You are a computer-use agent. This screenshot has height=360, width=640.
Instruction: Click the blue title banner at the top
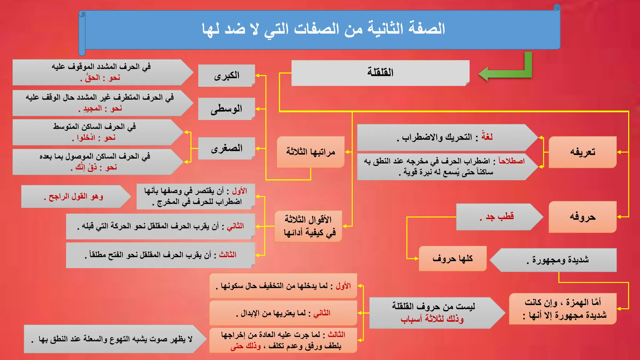[x=322, y=29]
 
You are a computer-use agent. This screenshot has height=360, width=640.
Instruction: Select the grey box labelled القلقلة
[x=380, y=72]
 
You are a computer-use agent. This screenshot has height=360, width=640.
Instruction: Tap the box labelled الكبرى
[x=227, y=76]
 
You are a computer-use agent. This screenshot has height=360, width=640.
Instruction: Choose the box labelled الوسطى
[x=227, y=109]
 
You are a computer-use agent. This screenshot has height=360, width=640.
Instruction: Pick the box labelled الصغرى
[x=227, y=148]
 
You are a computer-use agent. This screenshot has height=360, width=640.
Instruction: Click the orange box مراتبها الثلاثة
[x=310, y=152]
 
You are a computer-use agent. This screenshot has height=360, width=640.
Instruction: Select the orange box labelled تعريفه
[x=582, y=152]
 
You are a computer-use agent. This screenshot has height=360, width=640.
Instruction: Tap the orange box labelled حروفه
[x=582, y=217]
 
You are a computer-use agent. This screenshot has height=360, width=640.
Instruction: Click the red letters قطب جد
[x=499, y=217]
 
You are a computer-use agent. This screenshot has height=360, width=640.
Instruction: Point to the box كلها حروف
[x=452, y=258]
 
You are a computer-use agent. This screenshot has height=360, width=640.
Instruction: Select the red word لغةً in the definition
[x=487, y=137]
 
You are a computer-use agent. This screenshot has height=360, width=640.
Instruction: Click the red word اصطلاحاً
[x=512, y=161]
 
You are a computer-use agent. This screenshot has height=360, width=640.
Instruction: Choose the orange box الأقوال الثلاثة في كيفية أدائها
[x=309, y=226]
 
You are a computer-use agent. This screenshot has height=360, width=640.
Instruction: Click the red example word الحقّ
[x=93, y=78]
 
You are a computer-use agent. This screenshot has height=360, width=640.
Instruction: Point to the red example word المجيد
[x=92, y=109]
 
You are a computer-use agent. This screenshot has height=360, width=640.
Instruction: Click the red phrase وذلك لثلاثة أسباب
[x=432, y=319]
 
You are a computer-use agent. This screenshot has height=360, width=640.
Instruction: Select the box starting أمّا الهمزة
[x=562, y=309]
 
